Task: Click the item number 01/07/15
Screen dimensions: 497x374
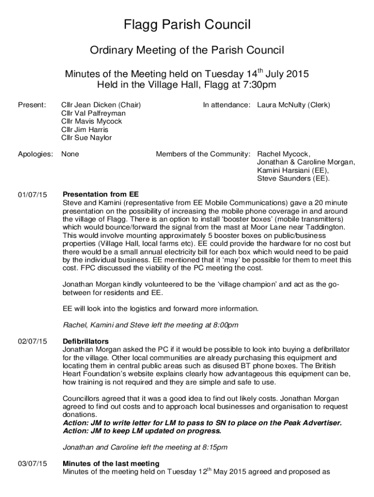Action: click(33, 195)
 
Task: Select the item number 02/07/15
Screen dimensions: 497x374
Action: click(33, 342)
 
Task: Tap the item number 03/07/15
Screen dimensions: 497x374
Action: click(33, 464)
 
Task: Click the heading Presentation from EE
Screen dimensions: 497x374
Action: click(101, 194)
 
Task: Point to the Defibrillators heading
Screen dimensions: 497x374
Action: click(86, 341)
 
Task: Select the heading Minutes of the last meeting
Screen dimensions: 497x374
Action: click(111, 464)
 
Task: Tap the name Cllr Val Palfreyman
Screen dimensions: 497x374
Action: click(93, 113)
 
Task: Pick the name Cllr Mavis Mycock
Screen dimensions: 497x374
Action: click(91, 121)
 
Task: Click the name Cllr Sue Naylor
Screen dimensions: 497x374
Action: click(86, 138)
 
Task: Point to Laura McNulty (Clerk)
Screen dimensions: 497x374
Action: click(293, 105)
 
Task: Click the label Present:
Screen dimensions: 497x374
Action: click(32, 105)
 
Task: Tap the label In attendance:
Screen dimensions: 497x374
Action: click(227, 105)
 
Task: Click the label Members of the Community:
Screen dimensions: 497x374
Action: click(203, 154)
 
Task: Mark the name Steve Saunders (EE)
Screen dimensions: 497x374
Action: click(293, 179)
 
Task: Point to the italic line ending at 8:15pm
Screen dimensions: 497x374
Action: click(145, 447)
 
